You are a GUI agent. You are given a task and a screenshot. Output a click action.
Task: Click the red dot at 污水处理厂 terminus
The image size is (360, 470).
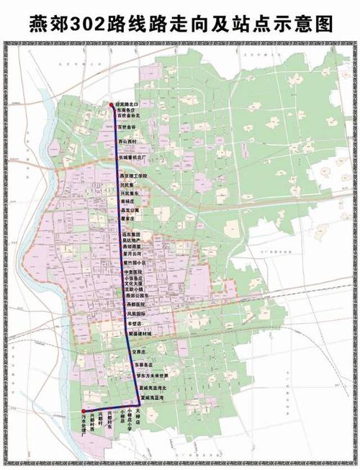84,413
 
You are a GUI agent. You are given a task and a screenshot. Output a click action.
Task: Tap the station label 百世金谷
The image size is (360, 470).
129,127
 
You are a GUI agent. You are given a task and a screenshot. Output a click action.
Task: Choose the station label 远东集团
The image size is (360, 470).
132,234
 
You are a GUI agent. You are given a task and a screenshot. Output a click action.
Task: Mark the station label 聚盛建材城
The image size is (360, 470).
141,335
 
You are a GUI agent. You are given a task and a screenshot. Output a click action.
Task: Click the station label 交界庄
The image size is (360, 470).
145,352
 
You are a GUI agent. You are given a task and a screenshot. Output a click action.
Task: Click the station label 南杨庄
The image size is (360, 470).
129,202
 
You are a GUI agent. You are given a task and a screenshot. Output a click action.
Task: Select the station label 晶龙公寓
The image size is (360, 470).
130,210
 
